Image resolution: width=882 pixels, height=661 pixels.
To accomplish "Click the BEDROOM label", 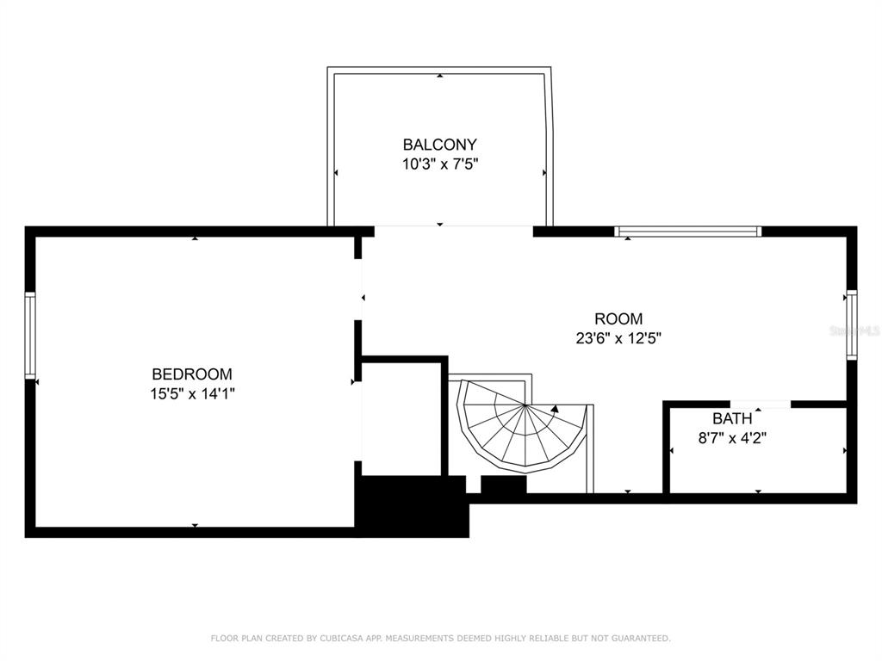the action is point(192,374).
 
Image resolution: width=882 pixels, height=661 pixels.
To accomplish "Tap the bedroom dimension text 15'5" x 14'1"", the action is point(192,393).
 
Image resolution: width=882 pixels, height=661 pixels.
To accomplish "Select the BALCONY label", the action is point(440,145).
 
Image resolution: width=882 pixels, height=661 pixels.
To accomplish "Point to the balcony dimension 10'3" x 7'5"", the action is point(440,164).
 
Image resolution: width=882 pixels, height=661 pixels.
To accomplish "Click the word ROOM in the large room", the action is point(618,318).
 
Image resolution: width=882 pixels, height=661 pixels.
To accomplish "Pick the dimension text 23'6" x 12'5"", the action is point(618,338).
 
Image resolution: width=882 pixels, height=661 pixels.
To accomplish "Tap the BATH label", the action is point(732,418).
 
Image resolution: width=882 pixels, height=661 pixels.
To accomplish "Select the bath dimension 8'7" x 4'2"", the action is point(732,438).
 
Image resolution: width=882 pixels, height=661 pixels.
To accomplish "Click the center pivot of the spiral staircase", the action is point(525,405).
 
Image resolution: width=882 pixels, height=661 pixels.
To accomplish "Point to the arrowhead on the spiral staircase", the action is point(556,409).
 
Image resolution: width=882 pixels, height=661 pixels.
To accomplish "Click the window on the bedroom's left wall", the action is point(30,335).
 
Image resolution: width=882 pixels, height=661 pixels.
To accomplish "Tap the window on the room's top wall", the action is point(687,231).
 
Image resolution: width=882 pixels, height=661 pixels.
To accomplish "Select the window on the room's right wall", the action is point(852,324).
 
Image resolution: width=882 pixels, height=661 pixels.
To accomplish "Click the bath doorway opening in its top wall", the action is point(761,405).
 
